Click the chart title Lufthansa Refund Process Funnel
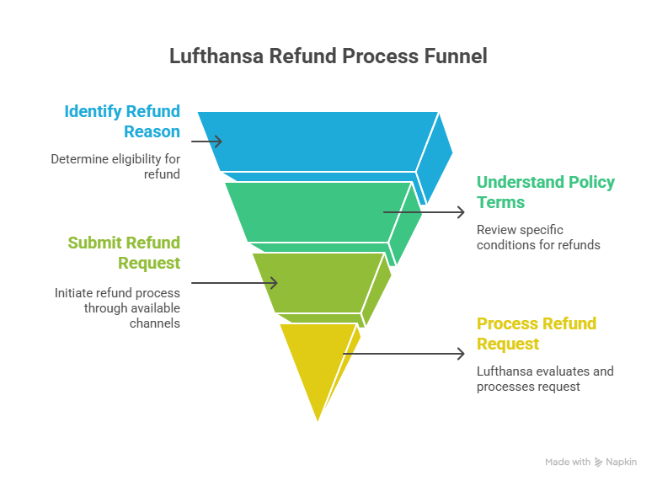328,56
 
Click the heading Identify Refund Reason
123,121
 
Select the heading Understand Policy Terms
545,192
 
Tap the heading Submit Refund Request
124,253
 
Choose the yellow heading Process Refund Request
536,334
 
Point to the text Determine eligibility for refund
115,166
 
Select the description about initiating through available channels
117,307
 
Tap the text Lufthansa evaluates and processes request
545,378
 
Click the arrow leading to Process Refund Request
404,354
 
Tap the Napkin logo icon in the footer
598,462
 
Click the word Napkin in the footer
621,462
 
